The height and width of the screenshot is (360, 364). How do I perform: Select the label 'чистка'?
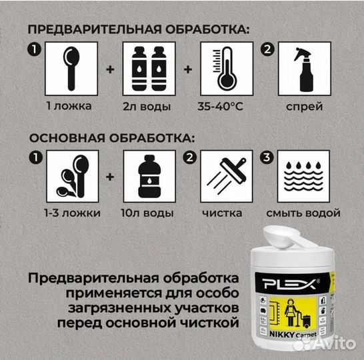(x=225, y=213)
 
